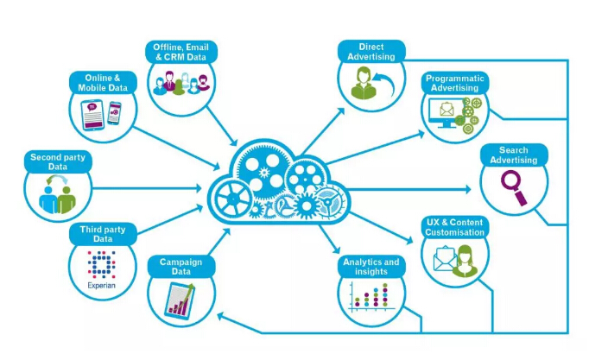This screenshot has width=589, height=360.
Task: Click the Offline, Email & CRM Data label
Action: [181, 52]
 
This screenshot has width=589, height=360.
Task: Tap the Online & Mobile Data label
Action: [103, 83]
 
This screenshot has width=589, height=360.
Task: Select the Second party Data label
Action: [58, 161]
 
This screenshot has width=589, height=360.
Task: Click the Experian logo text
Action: [101, 285]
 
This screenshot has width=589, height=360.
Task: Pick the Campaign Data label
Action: [181, 267]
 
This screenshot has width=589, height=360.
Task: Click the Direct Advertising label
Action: [371, 52]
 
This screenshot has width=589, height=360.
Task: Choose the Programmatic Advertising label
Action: [454, 83]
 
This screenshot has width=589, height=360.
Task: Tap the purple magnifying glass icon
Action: [514, 187]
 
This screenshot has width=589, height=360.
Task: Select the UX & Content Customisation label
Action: [454, 227]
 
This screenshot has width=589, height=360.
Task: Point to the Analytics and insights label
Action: [371, 267]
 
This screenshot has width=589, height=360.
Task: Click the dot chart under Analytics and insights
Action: [371, 297]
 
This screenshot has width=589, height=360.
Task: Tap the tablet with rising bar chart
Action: [180, 300]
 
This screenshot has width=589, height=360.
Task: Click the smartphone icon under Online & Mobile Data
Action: [114, 112]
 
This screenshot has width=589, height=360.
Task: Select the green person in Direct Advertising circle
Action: [364, 84]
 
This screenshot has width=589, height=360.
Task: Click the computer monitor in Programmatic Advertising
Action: [446, 112]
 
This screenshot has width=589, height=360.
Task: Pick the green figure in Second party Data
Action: [66, 200]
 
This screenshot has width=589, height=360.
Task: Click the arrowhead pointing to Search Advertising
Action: [468, 189]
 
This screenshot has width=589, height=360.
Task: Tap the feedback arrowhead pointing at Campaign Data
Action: [221, 317]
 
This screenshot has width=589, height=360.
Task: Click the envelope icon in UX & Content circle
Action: [445, 258]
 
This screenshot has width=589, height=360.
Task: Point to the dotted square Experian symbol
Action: [101, 264]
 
